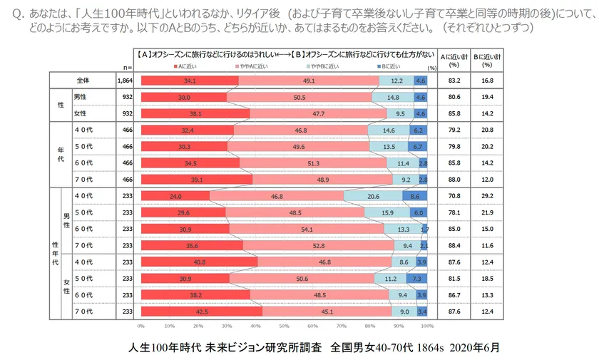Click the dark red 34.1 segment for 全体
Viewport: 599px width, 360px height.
[x=190, y=81]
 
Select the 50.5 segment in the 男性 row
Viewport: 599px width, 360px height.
[x=299, y=97]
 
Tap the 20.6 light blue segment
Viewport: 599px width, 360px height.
[x=372, y=195]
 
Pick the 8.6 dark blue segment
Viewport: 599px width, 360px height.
[x=415, y=195]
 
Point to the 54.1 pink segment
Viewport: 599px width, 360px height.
[x=308, y=228]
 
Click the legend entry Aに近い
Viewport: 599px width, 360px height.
[x=185, y=66]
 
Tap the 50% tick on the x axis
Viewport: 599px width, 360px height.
[x=284, y=326]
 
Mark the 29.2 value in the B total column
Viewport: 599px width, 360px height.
[x=487, y=195]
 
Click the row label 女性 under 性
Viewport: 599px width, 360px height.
[x=81, y=113]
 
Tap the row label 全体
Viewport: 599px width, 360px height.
[x=81, y=81]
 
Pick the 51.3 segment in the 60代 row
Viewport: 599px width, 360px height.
[x=314, y=163]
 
